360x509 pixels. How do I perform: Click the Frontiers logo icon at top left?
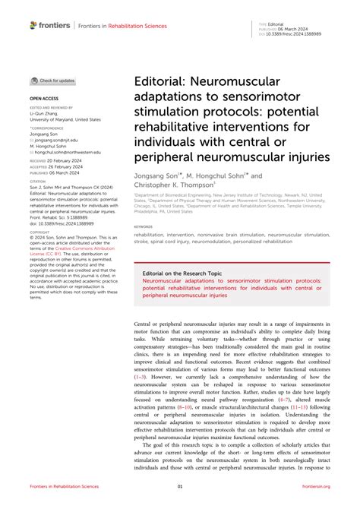pos(33,25)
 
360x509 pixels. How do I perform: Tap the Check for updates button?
pos(52,81)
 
